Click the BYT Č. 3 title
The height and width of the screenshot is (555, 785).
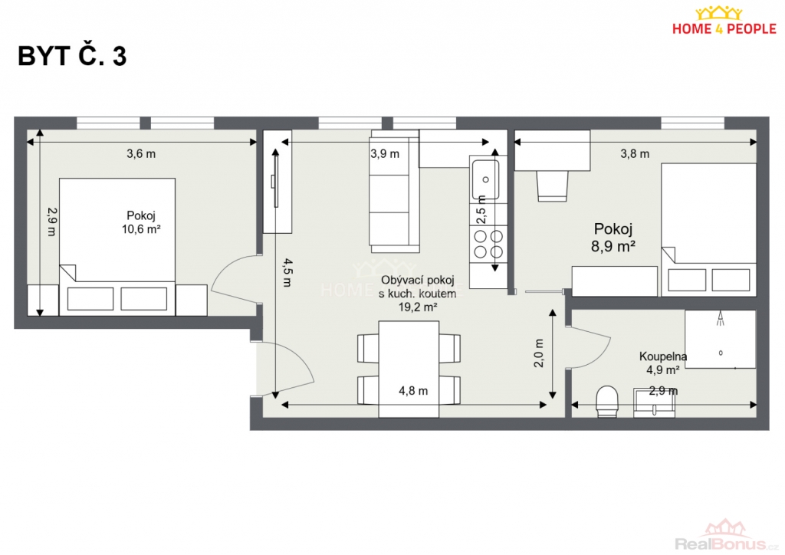[72, 55]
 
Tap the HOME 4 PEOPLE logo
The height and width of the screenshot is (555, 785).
[724, 21]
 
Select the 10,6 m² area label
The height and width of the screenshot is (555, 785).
[141, 229]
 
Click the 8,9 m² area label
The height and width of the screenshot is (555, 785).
[613, 246]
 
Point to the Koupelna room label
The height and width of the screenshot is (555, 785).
[663, 356]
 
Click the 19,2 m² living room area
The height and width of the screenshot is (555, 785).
[418, 307]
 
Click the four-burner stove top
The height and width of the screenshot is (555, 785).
[488, 243]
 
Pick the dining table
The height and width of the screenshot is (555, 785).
[409, 369]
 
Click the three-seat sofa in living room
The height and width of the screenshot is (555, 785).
[394, 192]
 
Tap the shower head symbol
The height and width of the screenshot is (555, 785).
[721, 319]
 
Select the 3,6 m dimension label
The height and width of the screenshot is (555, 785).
[141, 153]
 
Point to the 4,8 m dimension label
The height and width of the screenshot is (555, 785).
[413, 391]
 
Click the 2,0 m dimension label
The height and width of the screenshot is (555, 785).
[539, 353]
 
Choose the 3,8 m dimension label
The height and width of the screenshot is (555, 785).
[635, 153]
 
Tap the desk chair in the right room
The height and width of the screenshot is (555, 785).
[553, 186]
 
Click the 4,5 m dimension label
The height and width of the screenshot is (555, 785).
[287, 272]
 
